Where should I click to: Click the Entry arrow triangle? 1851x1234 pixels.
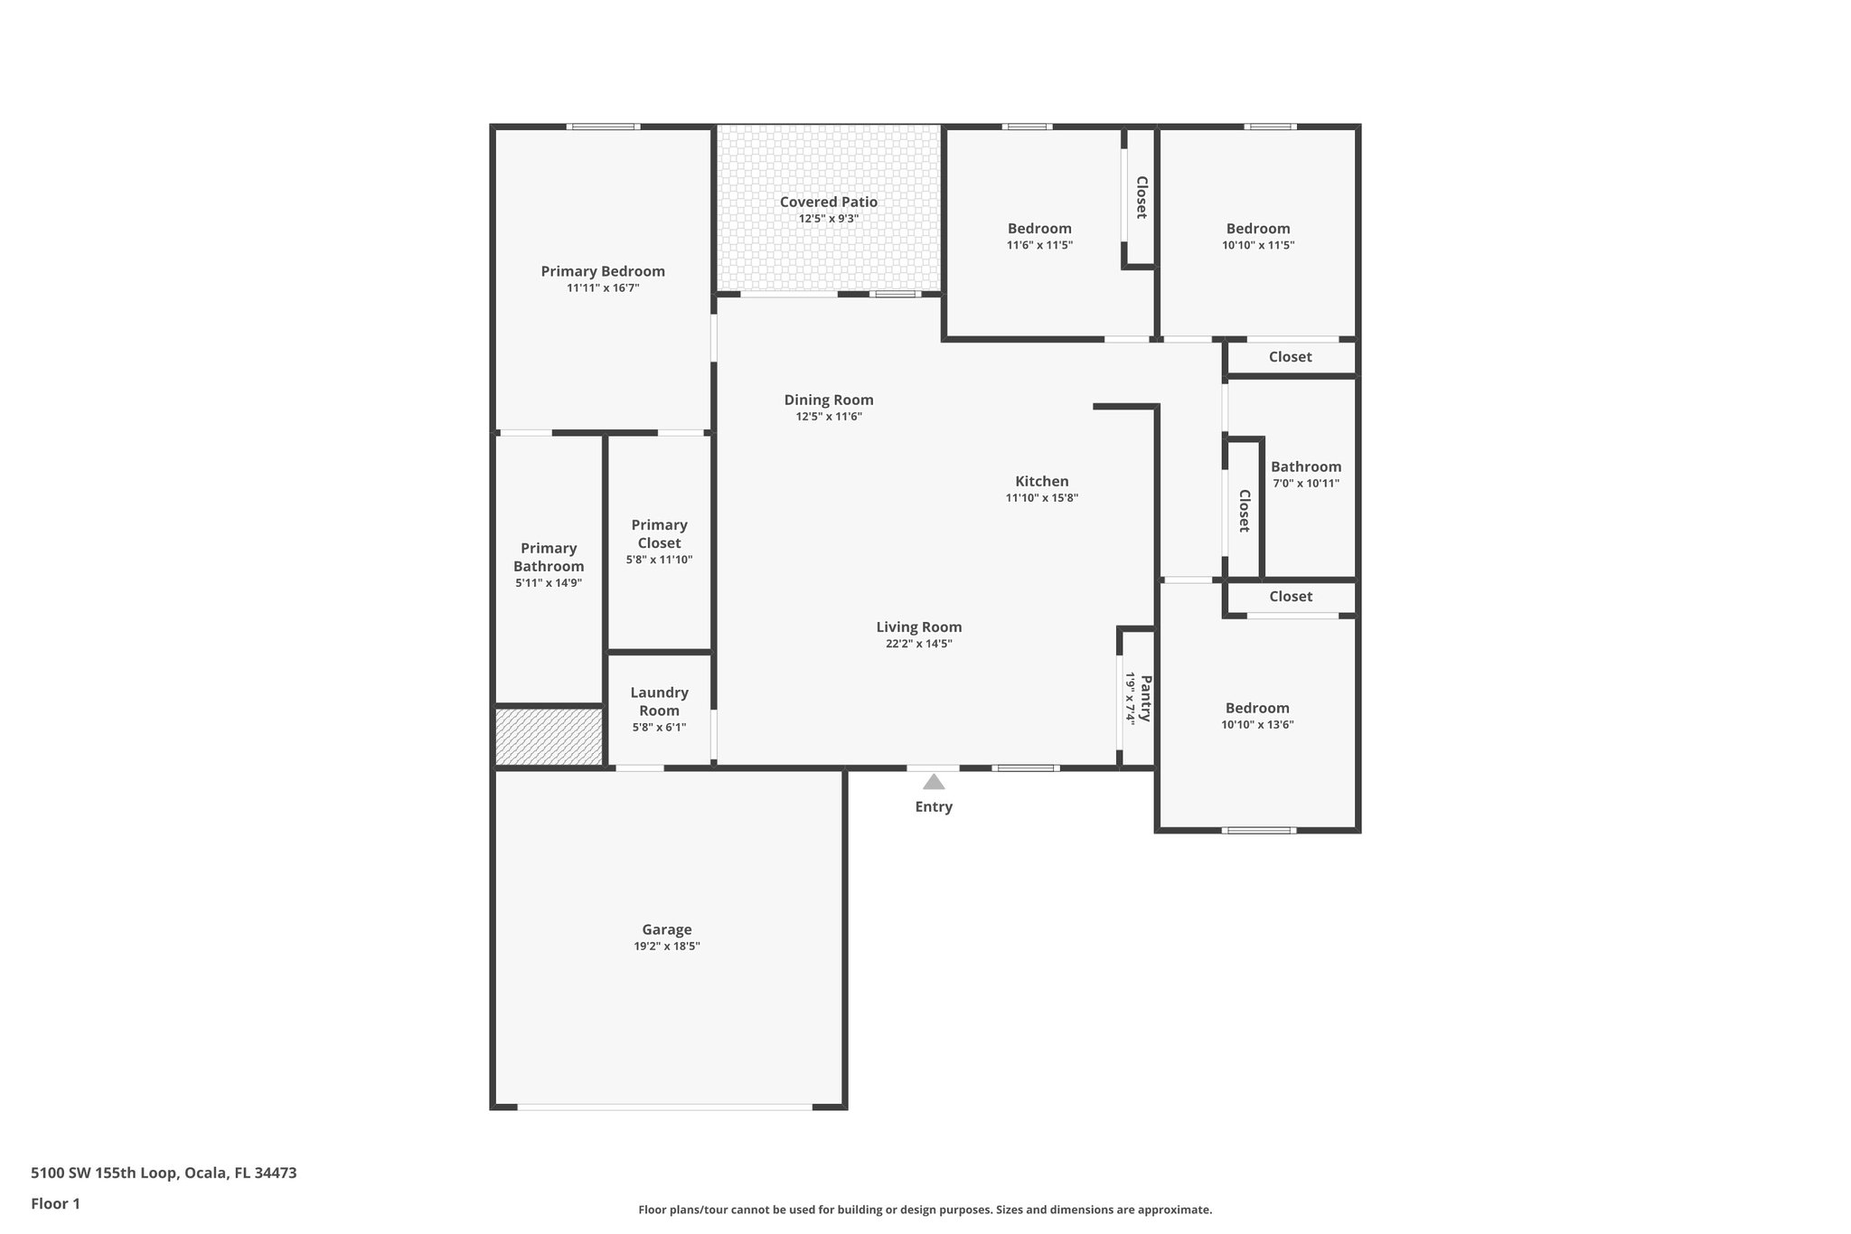tap(934, 782)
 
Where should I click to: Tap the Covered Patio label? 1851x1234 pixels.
tap(828, 202)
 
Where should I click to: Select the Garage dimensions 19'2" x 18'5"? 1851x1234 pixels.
tap(667, 947)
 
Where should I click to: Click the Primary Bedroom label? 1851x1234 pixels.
tap(603, 271)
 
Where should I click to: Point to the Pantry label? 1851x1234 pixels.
tap(1145, 698)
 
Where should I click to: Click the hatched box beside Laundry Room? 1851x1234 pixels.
tap(549, 737)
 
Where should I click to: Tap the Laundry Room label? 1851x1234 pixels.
tap(659, 702)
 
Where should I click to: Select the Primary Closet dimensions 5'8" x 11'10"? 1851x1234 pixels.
tap(659, 560)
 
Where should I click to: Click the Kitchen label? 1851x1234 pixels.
tap(1041, 481)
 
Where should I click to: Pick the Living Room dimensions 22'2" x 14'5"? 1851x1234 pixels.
tap(918, 644)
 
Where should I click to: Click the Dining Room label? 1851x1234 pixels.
tap(828, 400)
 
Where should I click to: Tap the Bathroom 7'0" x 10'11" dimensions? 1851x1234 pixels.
tap(1306, 484)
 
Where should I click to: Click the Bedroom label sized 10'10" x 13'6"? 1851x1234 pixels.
tap(1257, 708)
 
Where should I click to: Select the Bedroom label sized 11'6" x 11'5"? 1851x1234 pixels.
tap(1039, 229)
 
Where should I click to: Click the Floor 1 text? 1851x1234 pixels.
tap(55, 1203)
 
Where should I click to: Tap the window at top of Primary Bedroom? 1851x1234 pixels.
tap(603, 127)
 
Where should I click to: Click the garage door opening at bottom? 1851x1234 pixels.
tap(664, 1107)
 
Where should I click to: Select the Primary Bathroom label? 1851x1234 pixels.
tap(549, 557)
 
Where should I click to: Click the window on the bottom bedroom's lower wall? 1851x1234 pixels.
tap(1258, 830)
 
